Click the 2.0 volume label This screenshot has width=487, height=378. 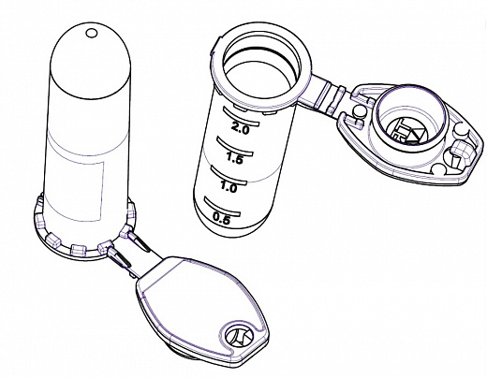241,128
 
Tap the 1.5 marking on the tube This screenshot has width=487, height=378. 234,158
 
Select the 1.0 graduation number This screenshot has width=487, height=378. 229,187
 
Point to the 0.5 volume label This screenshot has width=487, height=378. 221,218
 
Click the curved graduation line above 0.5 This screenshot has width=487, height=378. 222,206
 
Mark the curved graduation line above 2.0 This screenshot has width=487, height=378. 241,116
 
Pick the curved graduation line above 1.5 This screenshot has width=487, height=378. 235,146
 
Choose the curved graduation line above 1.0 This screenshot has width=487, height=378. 229,175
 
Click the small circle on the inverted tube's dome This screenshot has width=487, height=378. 92,33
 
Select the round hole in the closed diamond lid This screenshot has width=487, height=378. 238,337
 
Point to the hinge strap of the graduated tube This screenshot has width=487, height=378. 328,96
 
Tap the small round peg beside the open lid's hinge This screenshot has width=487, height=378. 360,110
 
